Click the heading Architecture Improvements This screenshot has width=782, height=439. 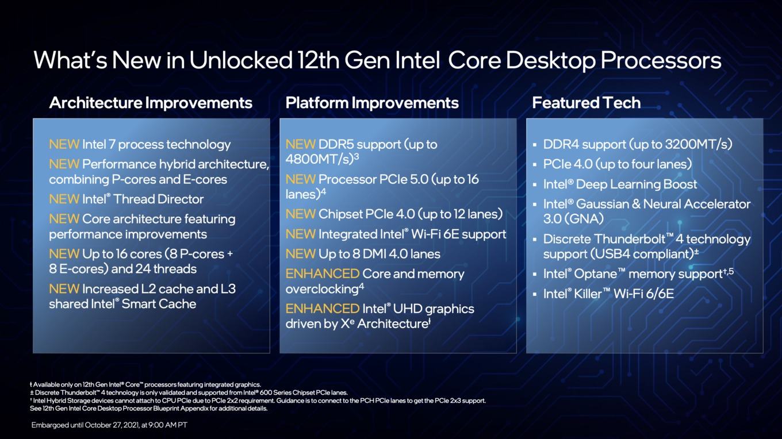151,103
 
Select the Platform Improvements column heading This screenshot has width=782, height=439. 372,103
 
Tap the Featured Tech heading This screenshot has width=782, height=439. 586,103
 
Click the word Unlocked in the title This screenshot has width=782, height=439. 240,60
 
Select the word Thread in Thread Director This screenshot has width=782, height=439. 134,199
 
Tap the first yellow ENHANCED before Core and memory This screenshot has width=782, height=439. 322,274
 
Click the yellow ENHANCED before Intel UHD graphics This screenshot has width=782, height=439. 322,309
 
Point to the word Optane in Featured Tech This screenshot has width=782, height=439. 595,274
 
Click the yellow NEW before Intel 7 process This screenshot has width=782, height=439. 64,144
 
